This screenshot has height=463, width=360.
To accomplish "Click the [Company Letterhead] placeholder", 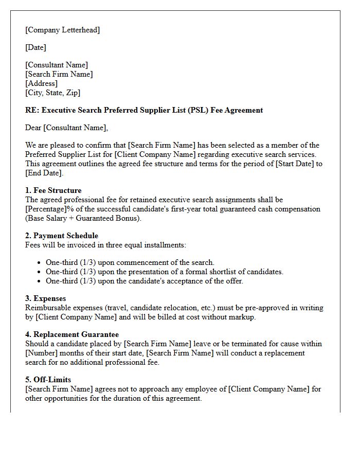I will point(62,30).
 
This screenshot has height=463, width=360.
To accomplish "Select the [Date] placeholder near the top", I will point(35,47).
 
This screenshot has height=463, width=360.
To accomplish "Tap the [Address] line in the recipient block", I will point(41,83).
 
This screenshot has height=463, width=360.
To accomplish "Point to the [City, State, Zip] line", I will point(52,93).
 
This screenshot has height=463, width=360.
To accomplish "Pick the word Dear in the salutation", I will point(33,128).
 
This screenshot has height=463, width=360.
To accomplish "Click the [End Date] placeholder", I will point(44,173).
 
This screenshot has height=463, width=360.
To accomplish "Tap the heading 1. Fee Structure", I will point(53,190).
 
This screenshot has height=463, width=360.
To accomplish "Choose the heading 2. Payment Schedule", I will point(61,236).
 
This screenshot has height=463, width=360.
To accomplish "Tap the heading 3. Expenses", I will point(45,298).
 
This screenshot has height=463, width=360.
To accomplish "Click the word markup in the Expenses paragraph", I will point(242,317).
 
